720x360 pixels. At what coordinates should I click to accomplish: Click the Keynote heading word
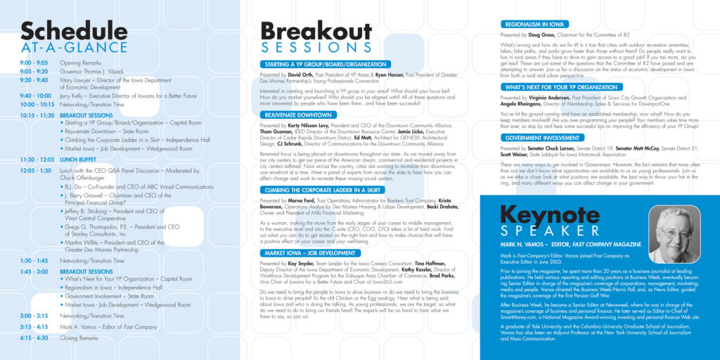point(550,215)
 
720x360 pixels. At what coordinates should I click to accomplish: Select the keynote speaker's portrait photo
point(674,234)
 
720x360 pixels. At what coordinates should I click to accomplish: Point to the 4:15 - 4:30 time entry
point(34,337)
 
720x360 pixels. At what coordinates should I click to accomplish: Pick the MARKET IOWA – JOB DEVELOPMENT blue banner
point(310,252)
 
